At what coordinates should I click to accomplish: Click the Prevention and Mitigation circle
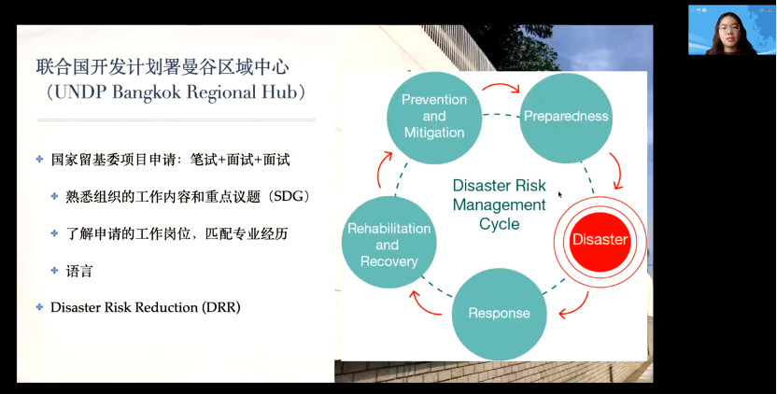(x=434, y=116)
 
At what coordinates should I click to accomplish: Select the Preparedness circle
(x=565, y=117)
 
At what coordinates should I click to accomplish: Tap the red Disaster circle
(x=600, y=240)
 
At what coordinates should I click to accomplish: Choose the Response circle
(x=499, y=314)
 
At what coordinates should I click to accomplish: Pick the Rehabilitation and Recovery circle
(x=388, y=245)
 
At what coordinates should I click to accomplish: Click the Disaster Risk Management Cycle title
(x=499, y=204)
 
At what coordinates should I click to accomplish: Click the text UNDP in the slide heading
(x=79, y=94)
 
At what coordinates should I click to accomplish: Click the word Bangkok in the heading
(x=150, y=94)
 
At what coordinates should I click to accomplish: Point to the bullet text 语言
(x=79, y=271)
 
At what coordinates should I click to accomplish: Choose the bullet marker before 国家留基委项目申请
(x=40, y=160)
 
